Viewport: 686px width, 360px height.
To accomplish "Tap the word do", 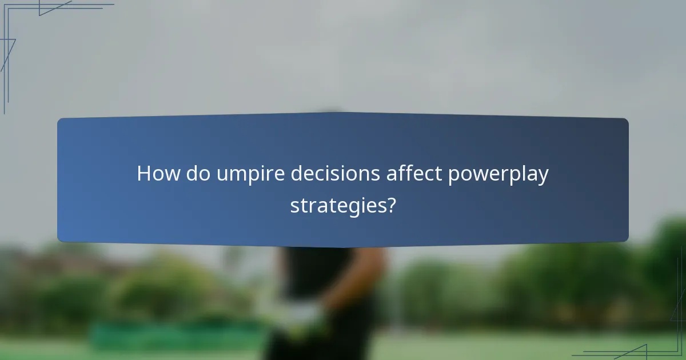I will pyautogui.click(x=198, y=174).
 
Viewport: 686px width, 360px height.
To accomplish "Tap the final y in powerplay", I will pyautogui.click(x=543, y=177).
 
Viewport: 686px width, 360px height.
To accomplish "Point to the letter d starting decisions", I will pyautogui.click(x=297, y=174).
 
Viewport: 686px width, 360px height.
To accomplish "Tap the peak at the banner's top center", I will pyautogui.click(x=332, y=113).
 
